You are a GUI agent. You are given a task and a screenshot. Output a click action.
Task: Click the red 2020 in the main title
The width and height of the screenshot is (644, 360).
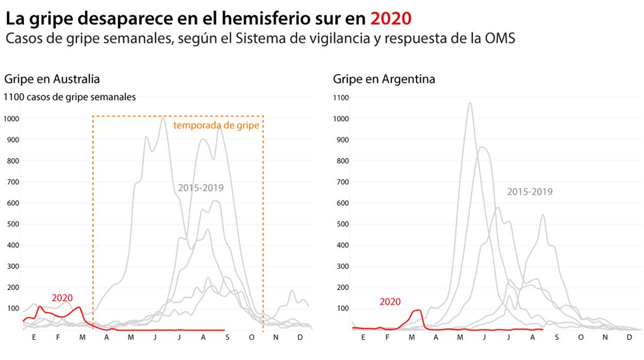391,19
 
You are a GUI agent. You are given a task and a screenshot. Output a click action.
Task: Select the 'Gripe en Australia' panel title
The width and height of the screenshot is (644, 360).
52,79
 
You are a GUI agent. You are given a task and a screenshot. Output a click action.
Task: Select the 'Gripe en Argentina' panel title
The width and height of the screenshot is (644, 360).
383,79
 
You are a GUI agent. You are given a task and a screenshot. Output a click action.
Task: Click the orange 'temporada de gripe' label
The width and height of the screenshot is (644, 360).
216,125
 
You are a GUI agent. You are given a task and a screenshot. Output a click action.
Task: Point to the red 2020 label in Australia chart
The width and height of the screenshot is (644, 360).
62,298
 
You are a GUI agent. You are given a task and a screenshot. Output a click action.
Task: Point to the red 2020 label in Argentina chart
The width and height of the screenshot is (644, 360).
390,302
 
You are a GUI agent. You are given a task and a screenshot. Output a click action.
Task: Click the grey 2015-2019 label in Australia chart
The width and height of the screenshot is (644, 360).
201,188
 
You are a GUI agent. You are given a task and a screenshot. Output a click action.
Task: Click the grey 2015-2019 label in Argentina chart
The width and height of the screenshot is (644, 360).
529,191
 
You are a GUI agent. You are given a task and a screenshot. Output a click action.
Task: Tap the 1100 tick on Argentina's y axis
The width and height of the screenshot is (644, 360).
341,97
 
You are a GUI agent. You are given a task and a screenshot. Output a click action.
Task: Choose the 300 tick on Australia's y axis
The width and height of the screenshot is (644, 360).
15,266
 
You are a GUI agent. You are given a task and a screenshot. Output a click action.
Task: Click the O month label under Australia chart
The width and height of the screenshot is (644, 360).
251,337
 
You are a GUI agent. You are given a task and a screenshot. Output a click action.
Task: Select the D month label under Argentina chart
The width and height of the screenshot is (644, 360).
629,337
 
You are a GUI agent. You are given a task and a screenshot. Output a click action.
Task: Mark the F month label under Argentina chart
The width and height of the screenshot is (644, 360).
387,337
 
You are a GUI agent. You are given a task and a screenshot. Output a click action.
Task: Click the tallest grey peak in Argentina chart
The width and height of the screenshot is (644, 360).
470,103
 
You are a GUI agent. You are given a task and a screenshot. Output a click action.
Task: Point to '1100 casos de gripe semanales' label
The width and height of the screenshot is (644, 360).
70,97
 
